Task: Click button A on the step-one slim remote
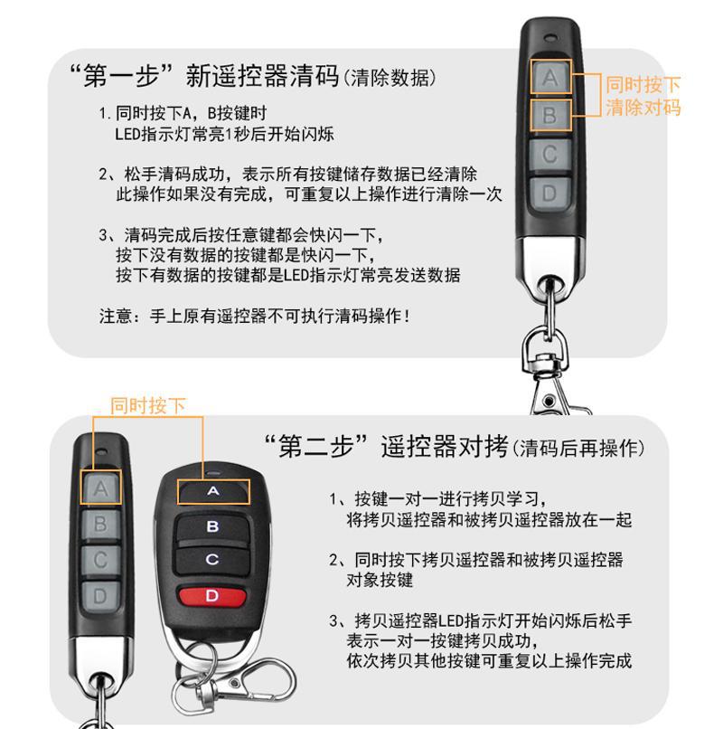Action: (x=550, y=78)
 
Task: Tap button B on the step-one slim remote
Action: (x=550, y=117)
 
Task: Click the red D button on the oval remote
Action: (x=212, y=595)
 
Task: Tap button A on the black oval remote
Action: (x=213, y=491)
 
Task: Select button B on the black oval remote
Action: (x=212, y=526)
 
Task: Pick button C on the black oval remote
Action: (x=212, y=560)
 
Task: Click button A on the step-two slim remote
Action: (x=100, y=488)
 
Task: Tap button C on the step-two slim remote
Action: (x=100, y=560)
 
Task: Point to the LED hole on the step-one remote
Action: (x=550, y=39)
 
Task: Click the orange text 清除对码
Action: (x=643, y=108)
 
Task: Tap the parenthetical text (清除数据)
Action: (x=390, y=77)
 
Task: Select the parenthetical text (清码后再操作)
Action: (x=578, y=449)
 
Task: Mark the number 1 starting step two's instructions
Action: (x=334, y=499)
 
